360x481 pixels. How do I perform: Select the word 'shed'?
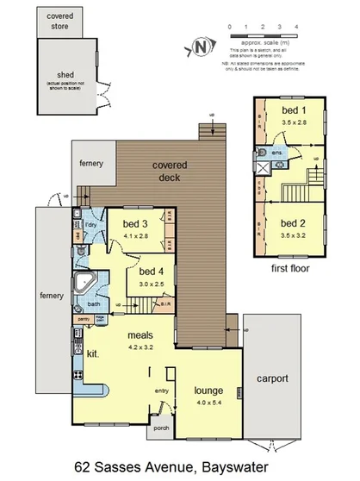(x=60, y=74)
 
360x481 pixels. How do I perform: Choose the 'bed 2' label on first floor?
(x=294, y=222)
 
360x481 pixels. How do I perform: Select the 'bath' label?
(x=95, y=303)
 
